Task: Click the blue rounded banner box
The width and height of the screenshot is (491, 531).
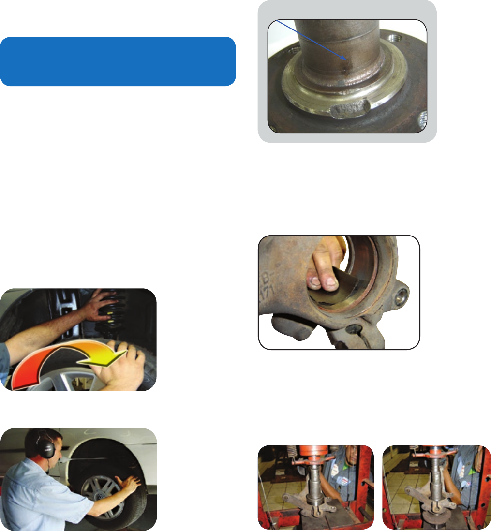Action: [118, 61]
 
